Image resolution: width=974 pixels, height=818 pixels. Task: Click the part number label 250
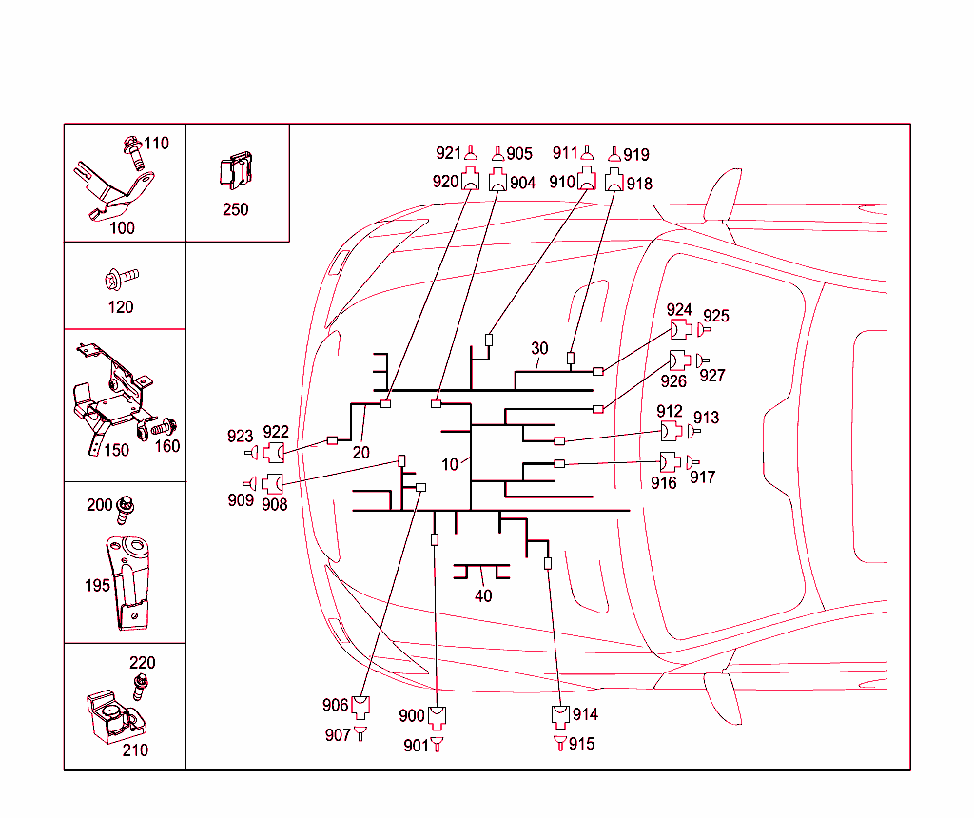235,209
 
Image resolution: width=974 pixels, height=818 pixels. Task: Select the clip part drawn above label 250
235,171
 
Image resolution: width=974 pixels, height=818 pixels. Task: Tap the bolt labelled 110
132,152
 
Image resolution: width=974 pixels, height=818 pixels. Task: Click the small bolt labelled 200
124,512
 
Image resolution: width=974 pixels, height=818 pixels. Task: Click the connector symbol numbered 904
498,180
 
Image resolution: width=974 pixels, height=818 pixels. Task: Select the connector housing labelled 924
680,330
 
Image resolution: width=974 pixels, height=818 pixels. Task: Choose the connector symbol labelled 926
679,361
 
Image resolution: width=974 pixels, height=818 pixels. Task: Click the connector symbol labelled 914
561,715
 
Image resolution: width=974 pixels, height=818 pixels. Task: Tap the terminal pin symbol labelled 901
437,745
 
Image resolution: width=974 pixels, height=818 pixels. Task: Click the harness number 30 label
540,349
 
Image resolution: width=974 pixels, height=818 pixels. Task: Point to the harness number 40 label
483,596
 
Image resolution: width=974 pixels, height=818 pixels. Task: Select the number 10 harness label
450,464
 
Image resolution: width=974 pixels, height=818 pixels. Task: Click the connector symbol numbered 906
360,706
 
